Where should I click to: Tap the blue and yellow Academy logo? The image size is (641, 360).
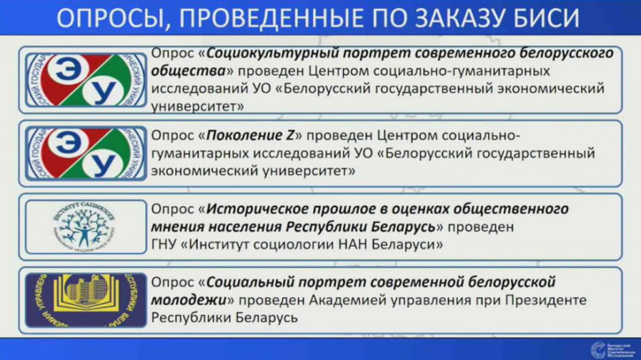[x=85, y=300]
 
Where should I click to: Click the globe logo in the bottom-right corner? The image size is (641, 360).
[x=597, y=348]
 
